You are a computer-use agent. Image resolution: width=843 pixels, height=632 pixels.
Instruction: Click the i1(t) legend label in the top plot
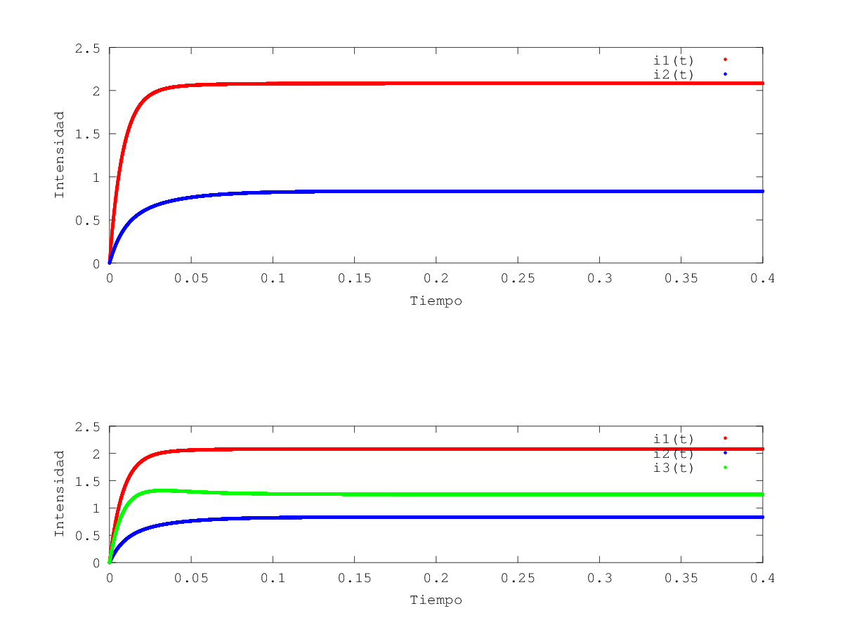[673, 60]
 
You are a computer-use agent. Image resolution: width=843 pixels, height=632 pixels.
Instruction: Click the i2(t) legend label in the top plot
[673, 74]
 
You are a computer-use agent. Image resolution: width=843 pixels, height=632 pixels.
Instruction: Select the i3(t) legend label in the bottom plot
[673, 468]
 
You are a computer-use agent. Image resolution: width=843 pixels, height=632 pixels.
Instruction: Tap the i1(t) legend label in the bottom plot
[673, 438]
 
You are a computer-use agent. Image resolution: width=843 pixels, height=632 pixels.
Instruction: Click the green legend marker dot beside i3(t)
[725, 467]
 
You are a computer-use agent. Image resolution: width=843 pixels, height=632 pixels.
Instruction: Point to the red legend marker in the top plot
[725, 59]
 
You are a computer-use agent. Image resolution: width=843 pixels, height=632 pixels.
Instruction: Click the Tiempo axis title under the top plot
[436, 301]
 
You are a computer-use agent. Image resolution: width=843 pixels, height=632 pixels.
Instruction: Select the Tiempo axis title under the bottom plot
[436, 600]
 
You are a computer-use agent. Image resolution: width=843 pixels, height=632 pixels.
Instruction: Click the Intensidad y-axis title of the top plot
[60, 154]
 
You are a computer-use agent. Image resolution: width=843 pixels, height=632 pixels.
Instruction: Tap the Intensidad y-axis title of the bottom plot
[60, 494]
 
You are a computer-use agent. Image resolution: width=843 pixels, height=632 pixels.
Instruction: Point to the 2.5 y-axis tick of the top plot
[88, 48]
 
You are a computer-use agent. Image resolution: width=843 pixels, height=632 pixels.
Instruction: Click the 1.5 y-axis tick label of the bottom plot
[88, 481]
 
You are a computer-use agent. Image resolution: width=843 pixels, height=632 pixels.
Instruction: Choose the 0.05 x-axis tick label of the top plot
[191, 278]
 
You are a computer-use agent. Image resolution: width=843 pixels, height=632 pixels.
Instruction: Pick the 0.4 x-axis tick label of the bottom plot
[762, 577]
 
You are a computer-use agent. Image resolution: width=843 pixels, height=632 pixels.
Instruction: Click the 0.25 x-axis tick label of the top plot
[518, 278]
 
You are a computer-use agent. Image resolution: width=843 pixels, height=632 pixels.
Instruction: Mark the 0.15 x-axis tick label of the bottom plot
[354, 577]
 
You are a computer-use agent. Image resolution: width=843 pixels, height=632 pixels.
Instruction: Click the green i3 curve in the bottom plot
[421, 494]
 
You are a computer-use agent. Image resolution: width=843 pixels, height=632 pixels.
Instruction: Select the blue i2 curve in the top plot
[421, 191]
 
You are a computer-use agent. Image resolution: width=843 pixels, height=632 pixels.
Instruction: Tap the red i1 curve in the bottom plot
[421, 449]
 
